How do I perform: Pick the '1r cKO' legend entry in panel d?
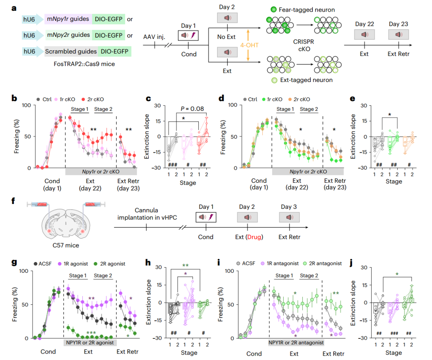point(274,99)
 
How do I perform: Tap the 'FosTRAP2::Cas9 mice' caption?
point(68,63)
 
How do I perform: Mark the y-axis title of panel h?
point(148,302)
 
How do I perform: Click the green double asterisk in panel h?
point(185,266)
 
